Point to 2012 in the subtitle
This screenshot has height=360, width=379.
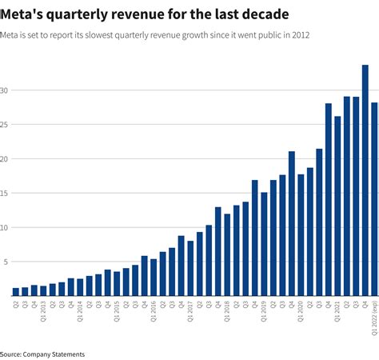pyautogui.click(x=300, y=35)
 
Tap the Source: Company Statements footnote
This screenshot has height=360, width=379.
pyautogui.click(x=42, y=353)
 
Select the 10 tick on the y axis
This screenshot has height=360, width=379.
pyautogui.click(x=6, y=227)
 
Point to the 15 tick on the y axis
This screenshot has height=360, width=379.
pyautogui.click(x=6, y=193)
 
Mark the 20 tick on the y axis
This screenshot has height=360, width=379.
pyautogui.click(x=6, y=158)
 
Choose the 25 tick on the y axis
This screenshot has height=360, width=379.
pyautogui.click(x=6, y=124)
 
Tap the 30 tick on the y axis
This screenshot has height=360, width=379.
pyautogui.click(x=6, y=90)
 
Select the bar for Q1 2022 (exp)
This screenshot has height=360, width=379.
pyautogui.click(x=374, y=199)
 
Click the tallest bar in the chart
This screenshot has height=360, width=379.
pyautogui.click(x=365, y=180)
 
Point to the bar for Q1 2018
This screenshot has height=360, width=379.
pyautogui.click(x=227, y=254)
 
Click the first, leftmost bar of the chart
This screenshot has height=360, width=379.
pyautogui.click(x=16, y=291)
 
